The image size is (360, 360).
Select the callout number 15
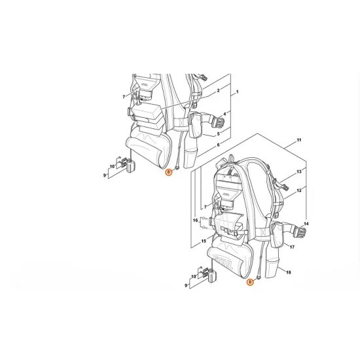point(204,240)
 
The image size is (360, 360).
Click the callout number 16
point(194,221)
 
